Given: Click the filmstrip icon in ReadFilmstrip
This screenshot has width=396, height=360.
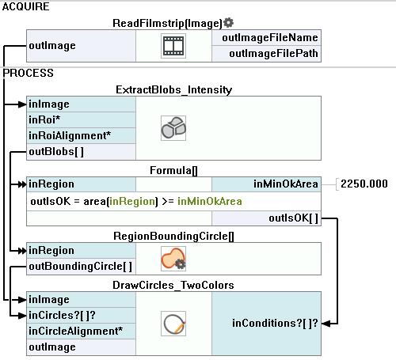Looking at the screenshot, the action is [x=173, y=46].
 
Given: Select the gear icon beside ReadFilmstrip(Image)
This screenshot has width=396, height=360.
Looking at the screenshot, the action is [x=228, y=23].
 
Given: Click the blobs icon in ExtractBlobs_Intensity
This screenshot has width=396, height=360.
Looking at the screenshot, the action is [x=173, y=128].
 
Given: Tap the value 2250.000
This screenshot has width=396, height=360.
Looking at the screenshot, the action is [x=364, y=184].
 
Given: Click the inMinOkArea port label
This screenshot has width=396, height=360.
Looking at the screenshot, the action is [x=286, y=184].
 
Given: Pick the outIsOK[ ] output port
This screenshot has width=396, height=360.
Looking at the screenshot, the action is [x=293, y=218].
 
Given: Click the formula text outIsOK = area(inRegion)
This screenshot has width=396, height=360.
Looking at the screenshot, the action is [x=94, y=202].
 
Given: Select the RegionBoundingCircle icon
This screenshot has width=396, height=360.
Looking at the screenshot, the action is [x=173, y=259].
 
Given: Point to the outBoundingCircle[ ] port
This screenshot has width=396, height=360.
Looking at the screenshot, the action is [x=81, y=267].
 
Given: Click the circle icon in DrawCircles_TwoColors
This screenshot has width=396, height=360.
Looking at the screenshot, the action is [x=173, y=324].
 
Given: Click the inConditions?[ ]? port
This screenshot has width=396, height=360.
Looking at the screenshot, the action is [x=275, y=323].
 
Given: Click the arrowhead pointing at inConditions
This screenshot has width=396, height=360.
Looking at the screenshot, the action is [x=326, y=324].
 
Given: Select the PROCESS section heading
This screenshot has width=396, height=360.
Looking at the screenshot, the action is [x=28, y=73].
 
